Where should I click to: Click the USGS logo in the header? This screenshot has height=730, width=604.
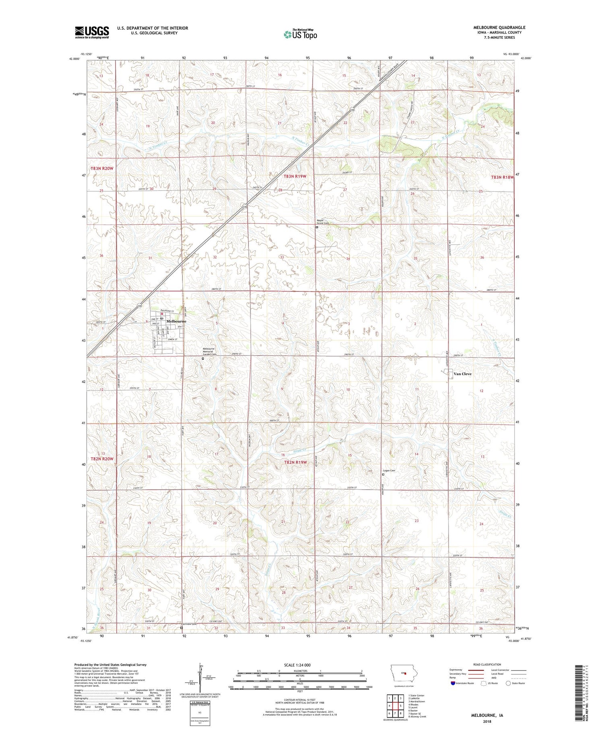(x=92, y=32)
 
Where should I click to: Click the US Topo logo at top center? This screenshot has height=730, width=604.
(x=300, y=35)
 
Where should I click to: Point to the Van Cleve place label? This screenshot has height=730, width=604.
(x=462, y=374)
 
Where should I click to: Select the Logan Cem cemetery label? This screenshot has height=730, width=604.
(x=389, y=470)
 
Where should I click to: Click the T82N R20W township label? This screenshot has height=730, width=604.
(x=102, y=459)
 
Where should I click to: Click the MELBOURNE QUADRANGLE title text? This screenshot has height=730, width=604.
(x=499, y=27)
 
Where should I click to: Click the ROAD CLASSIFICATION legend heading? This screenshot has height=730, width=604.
(x=487, y=664)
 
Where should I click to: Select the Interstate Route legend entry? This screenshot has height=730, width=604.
(x=463, y=683)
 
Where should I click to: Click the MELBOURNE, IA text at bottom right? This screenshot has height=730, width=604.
(x=487, y=716)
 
